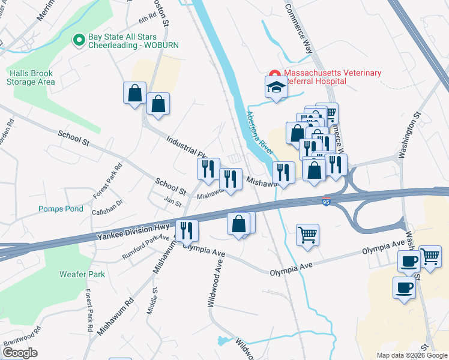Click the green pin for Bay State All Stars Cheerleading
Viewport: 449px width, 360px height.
coord(78,40)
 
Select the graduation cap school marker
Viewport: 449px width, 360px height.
coord(276,88)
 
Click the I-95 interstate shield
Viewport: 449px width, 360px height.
coord(326,203)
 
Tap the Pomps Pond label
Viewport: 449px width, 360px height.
coord(61,209)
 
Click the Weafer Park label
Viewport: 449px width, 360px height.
coord(82,274)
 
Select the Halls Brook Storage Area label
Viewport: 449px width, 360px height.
coord(32,77)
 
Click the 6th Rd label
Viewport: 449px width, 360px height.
coord(147,21)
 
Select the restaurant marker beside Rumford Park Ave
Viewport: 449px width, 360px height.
coord(187,230)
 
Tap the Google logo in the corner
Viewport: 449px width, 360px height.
coord(20,353)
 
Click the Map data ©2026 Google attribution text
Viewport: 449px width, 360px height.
coord(411,355)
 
